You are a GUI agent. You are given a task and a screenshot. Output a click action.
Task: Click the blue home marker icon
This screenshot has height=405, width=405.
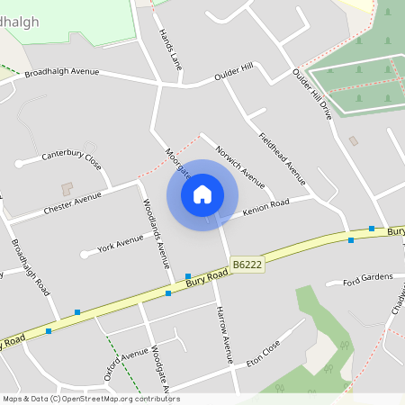pyautogui.click(x=202, y=194)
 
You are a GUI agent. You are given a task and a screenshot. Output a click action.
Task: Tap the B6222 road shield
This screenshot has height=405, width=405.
pyautogui.click(x=247, y=265)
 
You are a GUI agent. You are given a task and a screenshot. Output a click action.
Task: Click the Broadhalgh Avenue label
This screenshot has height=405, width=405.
pyautogui.click(x=61, y=72)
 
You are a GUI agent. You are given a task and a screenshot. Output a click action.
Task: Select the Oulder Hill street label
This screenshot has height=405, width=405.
pyautogui.click(x=234, y=73)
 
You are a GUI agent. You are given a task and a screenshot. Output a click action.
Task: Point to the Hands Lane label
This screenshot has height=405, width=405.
pyautogui.click(x=170, y=48)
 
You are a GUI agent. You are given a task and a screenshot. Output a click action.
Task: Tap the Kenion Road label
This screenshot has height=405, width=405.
pyautogui.click(x=265, y=209)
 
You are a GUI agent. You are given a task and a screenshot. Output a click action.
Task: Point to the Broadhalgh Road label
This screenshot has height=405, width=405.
pyautogui.click(x=30, y=266)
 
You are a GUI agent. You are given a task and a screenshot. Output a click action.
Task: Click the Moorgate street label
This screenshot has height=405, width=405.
pyautogui.click(x=177, y=163)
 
